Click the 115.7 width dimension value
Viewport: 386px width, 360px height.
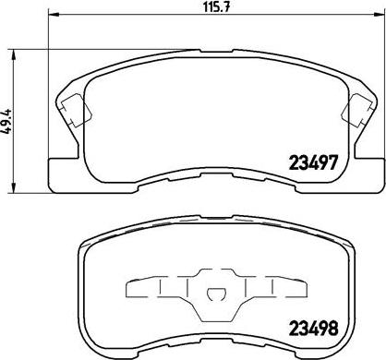click(x=217, y=6)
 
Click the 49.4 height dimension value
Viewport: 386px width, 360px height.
click(x=6, y=121)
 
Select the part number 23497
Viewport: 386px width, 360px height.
click(x=313, y=162)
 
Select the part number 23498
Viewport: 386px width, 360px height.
click(x=313, y=328)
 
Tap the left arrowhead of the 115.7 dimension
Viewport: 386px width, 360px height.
click(x=54, y=14)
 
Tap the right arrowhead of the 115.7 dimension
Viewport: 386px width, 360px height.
click(x=378, y=14)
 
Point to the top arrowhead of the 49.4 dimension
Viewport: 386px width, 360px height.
click(x=13, y=55)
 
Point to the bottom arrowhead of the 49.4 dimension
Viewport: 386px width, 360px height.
click(x=13, y=187)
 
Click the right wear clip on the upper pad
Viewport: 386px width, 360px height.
click(x=356, y=110)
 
